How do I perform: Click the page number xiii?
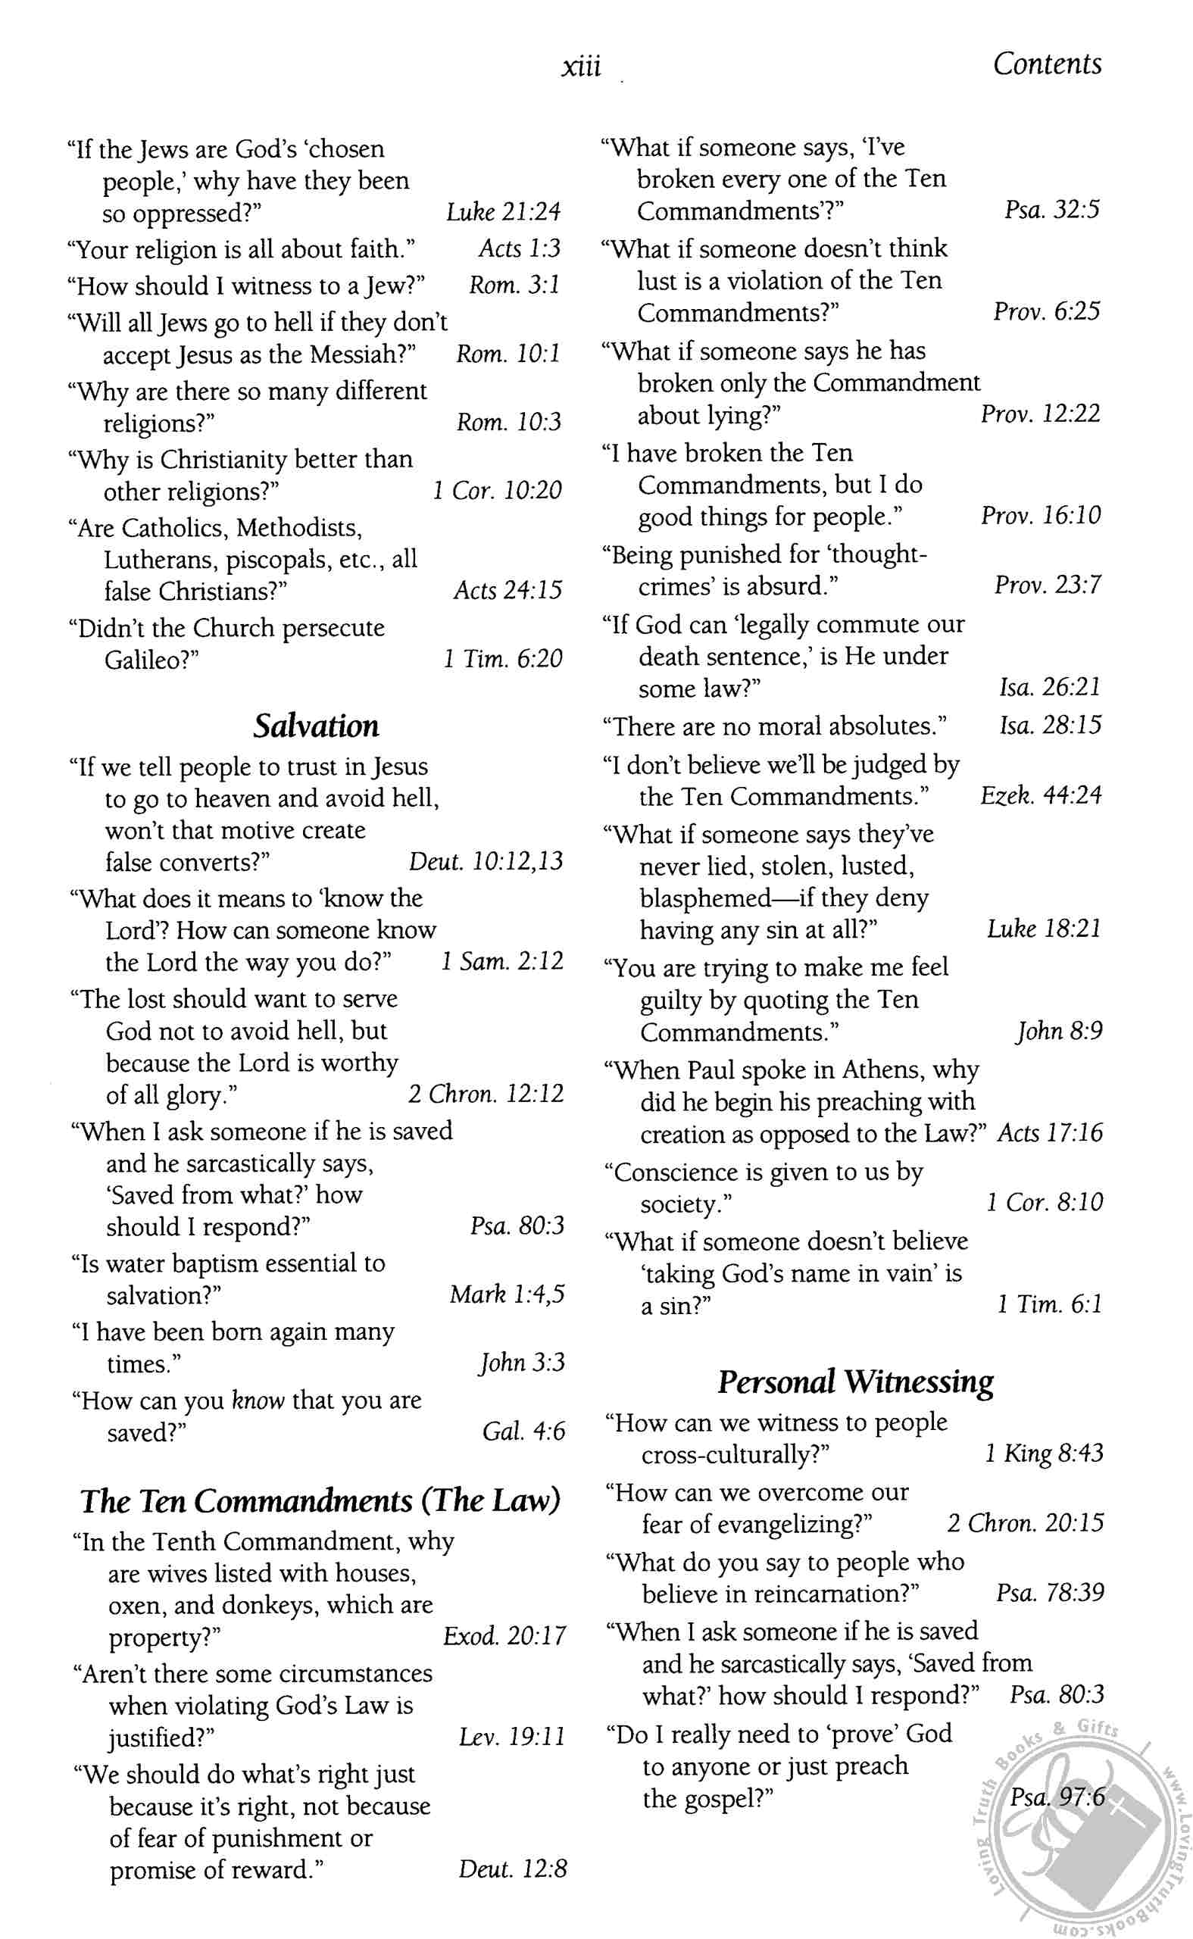point(581,66)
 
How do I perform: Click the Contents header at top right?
point(1046,64)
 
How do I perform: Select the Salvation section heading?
point(316,726)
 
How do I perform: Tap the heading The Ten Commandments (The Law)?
point(320,1500)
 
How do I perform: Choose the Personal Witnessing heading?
point(855,1382)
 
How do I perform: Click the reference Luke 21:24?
point(504,212)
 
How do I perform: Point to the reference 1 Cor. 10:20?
point(497,491)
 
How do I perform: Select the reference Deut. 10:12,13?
point(486,860)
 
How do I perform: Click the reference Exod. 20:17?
point(504,1636)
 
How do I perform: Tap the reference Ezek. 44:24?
point(1041,795)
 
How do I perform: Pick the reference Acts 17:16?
point(1050,1133)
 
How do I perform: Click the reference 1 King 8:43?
point(1044,1453)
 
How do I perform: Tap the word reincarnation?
point(836,1594)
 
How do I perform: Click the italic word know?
point(258,1400)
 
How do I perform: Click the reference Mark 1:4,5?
point(507,1294)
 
